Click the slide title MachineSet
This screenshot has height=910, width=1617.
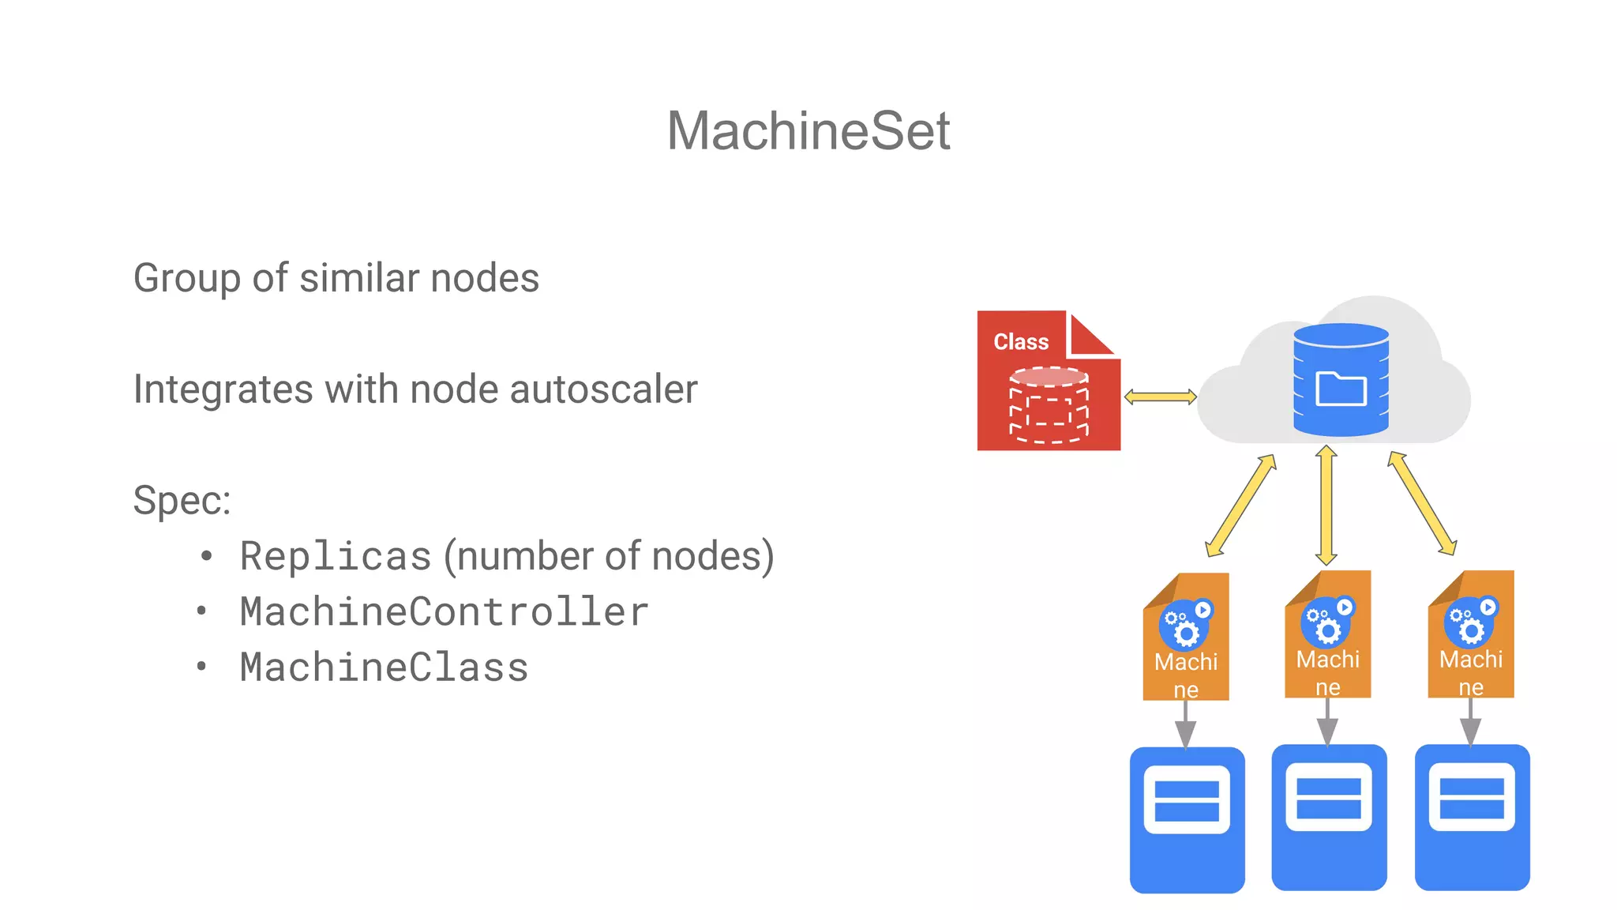[808, 130]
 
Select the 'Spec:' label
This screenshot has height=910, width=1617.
[182, 500]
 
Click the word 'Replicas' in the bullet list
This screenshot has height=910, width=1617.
[336, 556]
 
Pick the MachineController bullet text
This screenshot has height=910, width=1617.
[444, 612]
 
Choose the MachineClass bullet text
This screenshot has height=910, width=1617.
[384, 667]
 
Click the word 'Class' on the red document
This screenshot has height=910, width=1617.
[1020, 342]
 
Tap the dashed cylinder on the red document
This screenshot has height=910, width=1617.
[1049, 404]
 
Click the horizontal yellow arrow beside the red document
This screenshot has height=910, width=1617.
[1160, 397]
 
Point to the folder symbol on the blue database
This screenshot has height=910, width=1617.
[1341, 389]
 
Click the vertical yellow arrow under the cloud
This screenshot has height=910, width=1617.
[1326, 506]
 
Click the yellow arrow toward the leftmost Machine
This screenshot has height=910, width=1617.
[1240, 506]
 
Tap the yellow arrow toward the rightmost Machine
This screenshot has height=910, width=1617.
[1422, 503]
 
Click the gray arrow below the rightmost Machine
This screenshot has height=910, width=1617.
[1470, 723]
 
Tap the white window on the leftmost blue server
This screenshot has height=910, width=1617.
[1187, 799]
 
